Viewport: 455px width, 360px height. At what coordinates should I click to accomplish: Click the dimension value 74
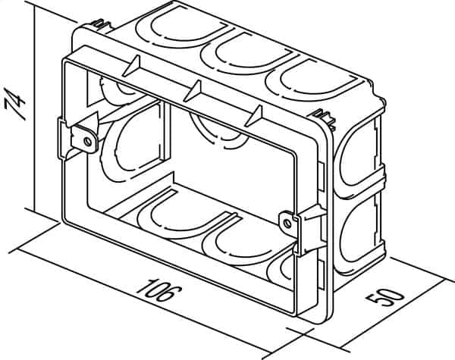[15, 105]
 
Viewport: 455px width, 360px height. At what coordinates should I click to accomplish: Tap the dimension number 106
[159, 290]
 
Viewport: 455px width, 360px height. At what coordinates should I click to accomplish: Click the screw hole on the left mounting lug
[87, 142]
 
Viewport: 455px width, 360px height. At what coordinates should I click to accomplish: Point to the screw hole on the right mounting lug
[287, 223]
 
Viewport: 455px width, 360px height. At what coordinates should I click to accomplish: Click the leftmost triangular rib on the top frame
[132, 66]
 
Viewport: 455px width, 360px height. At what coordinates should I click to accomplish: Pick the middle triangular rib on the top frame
[193, 91]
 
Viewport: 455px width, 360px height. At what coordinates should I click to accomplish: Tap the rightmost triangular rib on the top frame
[255, 116]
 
